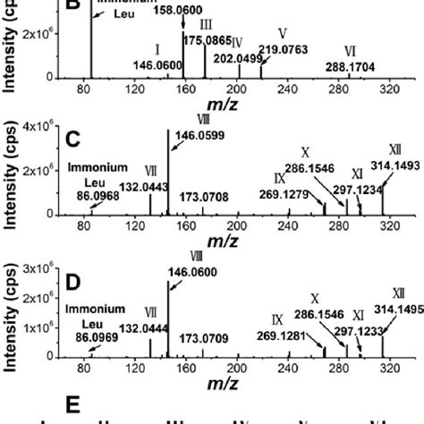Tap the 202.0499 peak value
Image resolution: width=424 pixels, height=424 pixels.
[x=237, y=58]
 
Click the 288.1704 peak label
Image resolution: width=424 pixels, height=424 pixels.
[x=350, y=65]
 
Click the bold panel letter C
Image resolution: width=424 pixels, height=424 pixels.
[x=74, y=140]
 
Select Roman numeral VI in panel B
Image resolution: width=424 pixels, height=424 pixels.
[x=350, y=50]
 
